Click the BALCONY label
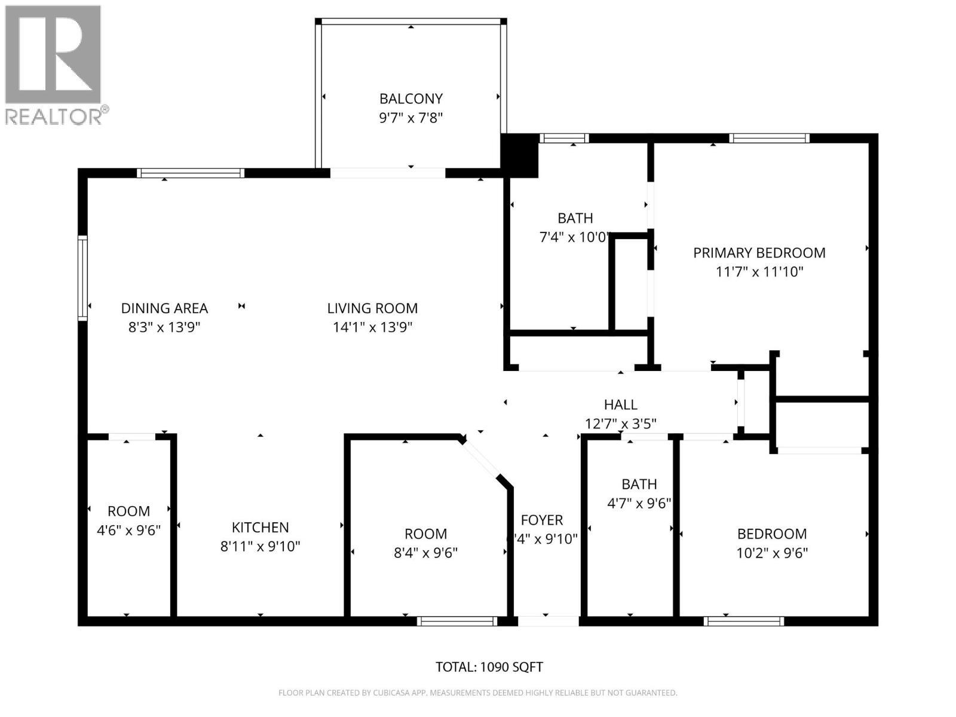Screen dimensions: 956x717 [x=410, y=99]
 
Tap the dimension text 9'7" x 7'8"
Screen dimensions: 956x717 [x=410, y=118]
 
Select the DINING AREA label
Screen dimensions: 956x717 [x=164, y=308]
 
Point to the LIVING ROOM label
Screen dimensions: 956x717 [x=372, y=308]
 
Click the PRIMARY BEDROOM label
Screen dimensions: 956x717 [x=759, y=253]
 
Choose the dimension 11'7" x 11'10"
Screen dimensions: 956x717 [x=759, y=272]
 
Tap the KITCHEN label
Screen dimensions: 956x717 [x=260, y=528]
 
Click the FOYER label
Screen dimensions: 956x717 [x=542, y=520]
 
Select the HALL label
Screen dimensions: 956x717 [x=621, y=405]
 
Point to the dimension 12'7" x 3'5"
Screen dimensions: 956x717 [x=621, y=424]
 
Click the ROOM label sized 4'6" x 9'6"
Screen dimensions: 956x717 [x=128, y=511]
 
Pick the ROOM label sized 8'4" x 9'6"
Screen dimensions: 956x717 [x=425, y=534]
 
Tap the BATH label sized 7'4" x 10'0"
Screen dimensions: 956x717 [x=575, y=218]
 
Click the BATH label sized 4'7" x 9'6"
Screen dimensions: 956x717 [x=639, y=485]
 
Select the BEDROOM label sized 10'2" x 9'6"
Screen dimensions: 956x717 [x=772, y=534]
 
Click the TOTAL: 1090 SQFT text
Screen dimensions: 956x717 [x=489, y=667]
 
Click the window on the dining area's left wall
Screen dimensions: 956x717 [x=82, y=278]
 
